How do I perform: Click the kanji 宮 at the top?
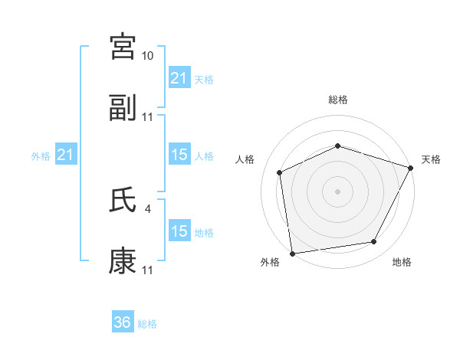tap(123, 47)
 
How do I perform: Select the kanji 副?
tap(123, 108)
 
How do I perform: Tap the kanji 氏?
tap(123, 200)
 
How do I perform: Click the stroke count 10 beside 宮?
tap(148, 56)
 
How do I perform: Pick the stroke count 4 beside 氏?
tap(147, 208)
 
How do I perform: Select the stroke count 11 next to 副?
tap(148, 117)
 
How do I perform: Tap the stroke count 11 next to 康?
tap(148, 270)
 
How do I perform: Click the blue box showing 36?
tap(123, 322)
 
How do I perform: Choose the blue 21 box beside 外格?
tap(67, 155)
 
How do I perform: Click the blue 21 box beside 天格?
tap(179, 78)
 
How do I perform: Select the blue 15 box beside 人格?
tap(179, 155)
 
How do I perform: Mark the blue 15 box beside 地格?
tap(179, 231)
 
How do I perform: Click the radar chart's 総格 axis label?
tap(338, 100)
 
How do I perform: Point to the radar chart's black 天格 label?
tap(431, 159)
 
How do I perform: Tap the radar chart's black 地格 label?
tap(402, 263)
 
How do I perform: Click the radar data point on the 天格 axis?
tap(411, 168)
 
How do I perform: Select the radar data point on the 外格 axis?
tap(292, 253)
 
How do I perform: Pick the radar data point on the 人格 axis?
tap(280, 172)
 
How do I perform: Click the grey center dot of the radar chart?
tap(337, 191)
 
